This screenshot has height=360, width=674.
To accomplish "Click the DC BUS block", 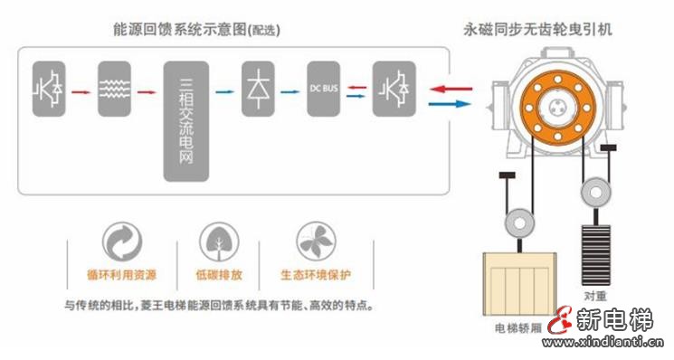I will click(323, 90).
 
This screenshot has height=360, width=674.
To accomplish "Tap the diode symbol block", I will click(258, 90).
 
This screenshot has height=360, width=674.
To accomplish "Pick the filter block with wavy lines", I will click(115, 90).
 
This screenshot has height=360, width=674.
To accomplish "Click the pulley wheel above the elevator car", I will click(519, 223).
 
